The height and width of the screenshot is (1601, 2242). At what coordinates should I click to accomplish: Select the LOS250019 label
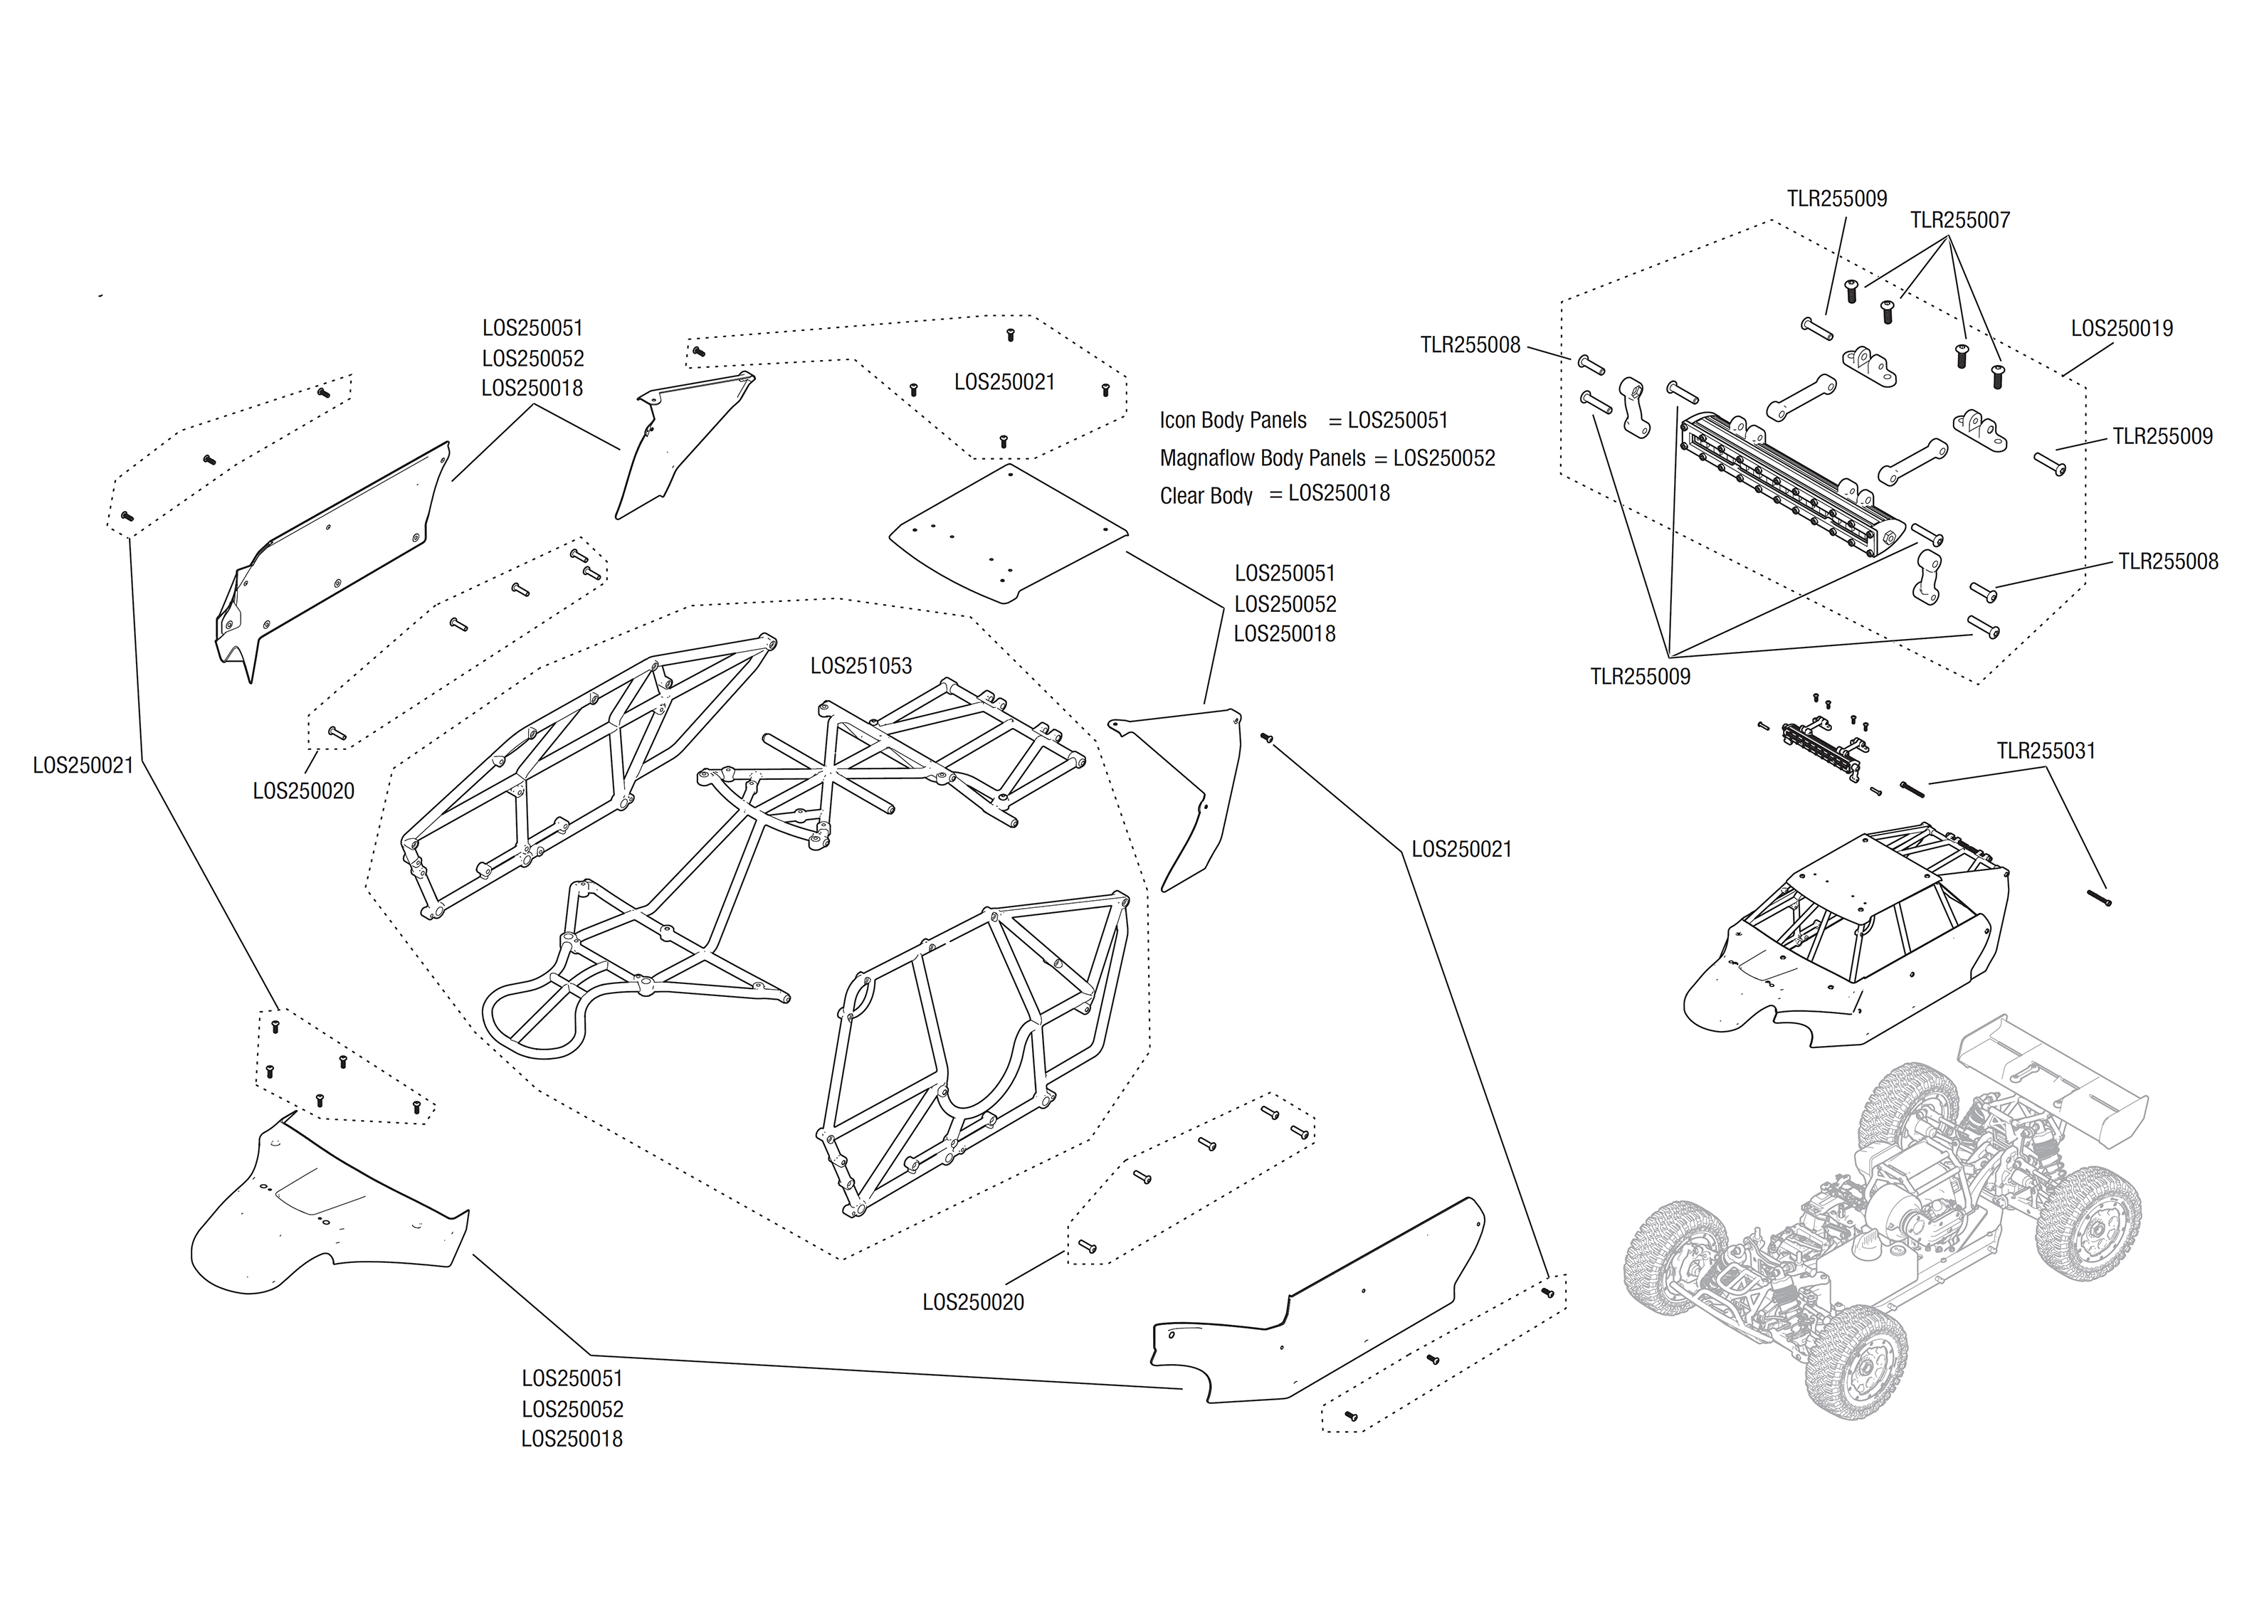[2121, 328]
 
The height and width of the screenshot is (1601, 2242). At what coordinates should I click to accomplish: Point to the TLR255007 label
[1959, 221]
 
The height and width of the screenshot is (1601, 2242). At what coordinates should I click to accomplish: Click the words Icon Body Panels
[1233, 421]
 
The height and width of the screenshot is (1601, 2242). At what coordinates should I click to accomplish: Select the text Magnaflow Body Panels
[1262, 458]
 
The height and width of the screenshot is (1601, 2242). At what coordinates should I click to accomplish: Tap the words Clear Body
[1205, 496]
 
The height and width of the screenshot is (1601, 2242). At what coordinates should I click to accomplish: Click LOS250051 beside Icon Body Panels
[1397, 421]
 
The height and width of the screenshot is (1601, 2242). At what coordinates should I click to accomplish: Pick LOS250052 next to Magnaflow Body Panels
[1443, 458]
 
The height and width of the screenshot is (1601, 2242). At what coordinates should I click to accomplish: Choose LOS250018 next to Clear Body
[1338, 494]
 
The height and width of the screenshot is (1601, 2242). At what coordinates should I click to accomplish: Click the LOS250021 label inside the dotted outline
[1004, 383]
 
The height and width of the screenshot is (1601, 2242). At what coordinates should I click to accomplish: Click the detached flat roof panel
[1008, 532]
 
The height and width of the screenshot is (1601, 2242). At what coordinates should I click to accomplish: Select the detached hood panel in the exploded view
[325, 1208]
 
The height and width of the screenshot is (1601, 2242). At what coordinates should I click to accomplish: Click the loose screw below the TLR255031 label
[2099, 898]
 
